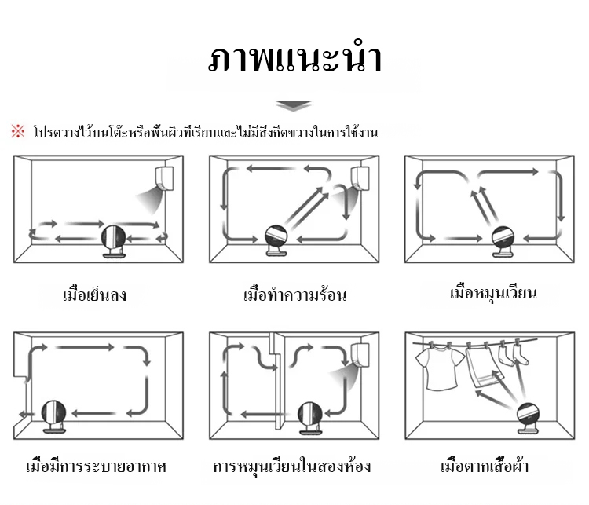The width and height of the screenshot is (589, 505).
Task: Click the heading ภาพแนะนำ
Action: coord(294,61)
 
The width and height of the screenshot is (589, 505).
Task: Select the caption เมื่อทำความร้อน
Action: coord(294,296)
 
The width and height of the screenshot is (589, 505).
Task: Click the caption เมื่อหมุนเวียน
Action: coord(492,293)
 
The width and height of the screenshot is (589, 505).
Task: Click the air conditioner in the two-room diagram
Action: coord(361,355)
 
